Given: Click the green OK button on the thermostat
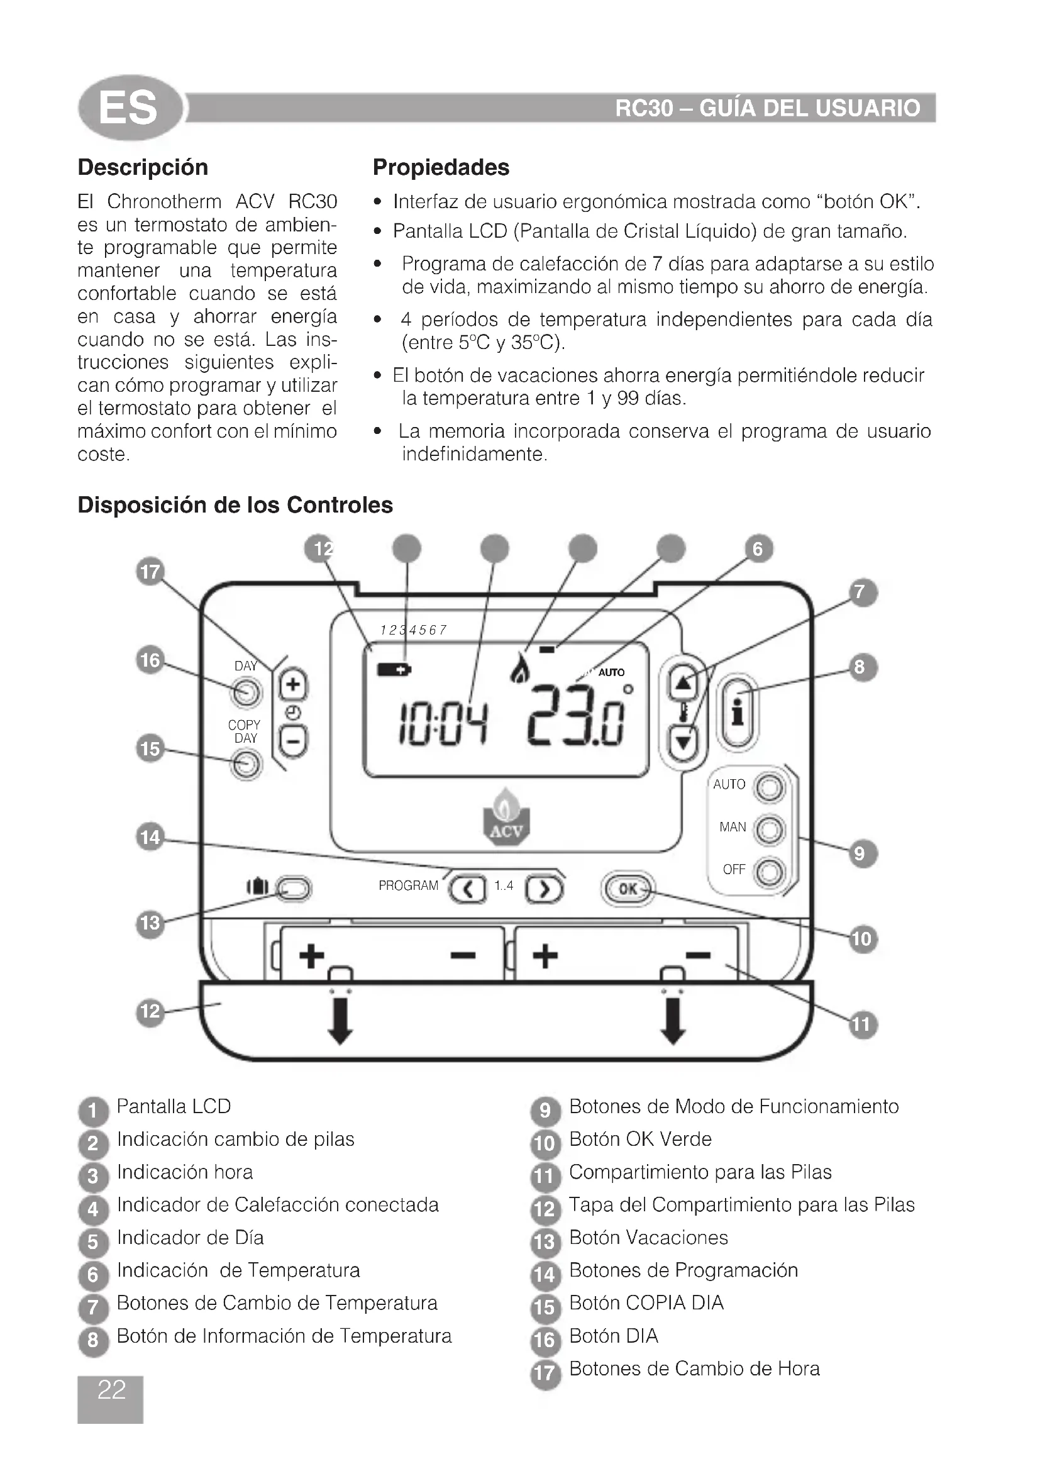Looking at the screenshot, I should [x=628, y=889].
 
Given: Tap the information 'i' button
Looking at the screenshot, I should [x=738, y=711].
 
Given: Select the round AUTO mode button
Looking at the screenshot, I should [x=769, y=787].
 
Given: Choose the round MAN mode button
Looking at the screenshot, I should [x=769, y=830].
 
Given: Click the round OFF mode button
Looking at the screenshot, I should [x=769, y=872].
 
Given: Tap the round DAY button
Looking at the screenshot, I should [x=246, y=692].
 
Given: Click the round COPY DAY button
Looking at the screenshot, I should [x=246, y=764].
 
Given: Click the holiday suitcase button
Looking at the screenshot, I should [x=293, y=889].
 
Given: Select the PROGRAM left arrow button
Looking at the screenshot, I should [x=467, y=889].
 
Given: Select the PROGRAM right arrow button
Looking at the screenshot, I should [x=544, y=889].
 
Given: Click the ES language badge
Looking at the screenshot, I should [x=130, y=107].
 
